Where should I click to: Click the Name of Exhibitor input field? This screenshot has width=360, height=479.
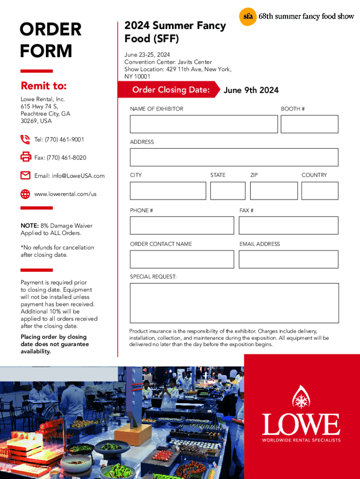(x=204, y=124)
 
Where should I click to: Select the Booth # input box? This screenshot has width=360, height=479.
(x=310, y=124)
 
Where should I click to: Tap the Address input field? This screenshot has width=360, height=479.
(x=234, y=157)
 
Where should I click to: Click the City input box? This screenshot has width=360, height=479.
(x=168, y=191)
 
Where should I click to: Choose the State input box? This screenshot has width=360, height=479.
(x=228, y=191)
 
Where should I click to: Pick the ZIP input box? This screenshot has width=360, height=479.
(x=274, y=191)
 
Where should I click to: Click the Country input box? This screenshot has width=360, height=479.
(x=320, y=191)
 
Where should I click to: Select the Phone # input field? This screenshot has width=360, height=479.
(x=182, y=225)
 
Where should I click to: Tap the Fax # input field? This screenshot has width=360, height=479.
(x=288, y=225)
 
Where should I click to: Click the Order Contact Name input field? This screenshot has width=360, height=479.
(x=182, y=259)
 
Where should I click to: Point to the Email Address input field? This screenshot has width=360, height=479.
(x=288, y=259)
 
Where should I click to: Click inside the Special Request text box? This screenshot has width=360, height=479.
(x=234, y=303)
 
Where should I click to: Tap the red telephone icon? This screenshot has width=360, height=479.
(x=25, y=139)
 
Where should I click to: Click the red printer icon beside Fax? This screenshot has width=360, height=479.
(x=25, y=157)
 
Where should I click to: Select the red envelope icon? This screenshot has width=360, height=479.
(x=25, y=175)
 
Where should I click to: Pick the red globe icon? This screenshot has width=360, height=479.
(x=25, y=194)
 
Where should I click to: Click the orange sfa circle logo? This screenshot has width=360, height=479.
(x=247, y=17)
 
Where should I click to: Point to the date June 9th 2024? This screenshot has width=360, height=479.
(x=251, y=90)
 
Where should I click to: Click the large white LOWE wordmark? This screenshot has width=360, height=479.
(x=301, y=425)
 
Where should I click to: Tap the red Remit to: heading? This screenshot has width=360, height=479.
(x=43, y=86)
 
